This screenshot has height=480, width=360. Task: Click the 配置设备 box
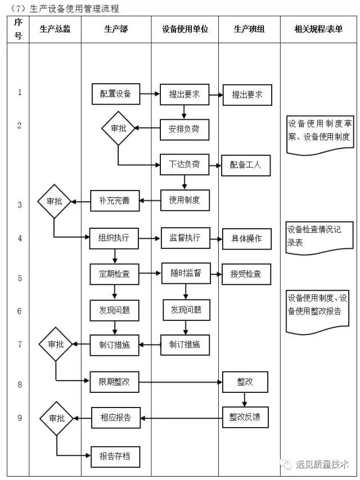tap(116, 94)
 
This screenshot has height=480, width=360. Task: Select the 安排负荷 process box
tap(184, 129)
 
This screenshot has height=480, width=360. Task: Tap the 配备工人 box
tap(246, 165)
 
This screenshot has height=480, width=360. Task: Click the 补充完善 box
tap(115, 201)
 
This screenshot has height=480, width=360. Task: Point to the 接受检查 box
tap(246, 274)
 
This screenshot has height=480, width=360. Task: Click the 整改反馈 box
tap(245, 418)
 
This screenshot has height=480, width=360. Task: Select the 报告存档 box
tap(115, 456)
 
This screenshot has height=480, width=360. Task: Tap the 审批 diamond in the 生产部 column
tap(118, 129)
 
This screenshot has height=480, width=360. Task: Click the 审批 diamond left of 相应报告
tap(57, 418)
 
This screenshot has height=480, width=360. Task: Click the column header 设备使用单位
tap(184, 29)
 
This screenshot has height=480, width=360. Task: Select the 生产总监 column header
tap(55, 29)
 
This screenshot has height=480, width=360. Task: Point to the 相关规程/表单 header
tap(318, 29)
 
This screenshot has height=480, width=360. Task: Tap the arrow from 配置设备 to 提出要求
tap(150, 94)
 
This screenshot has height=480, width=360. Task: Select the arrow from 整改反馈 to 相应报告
tap(181, 418)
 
